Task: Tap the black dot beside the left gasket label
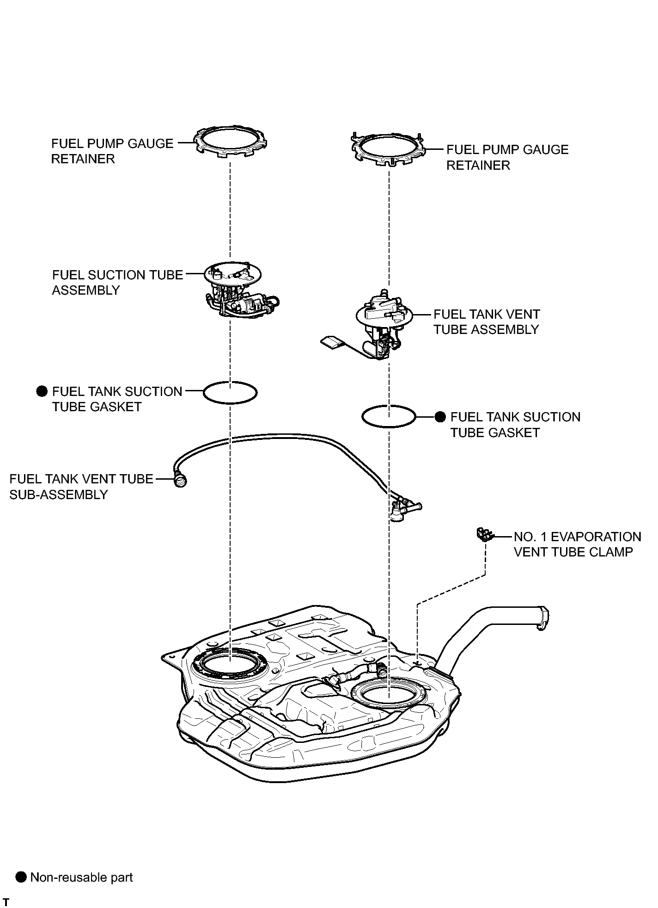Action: [x=42, y=391]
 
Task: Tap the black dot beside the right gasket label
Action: [x=441, y=417]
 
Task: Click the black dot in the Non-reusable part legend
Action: [x=21, y=877]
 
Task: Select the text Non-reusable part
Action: [x=81, y=877]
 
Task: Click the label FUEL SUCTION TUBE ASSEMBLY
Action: [x=117, y=283]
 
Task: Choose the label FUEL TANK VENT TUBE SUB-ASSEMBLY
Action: [x=81, y=487]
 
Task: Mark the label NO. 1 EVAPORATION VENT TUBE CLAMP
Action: [x=578, y=544]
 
